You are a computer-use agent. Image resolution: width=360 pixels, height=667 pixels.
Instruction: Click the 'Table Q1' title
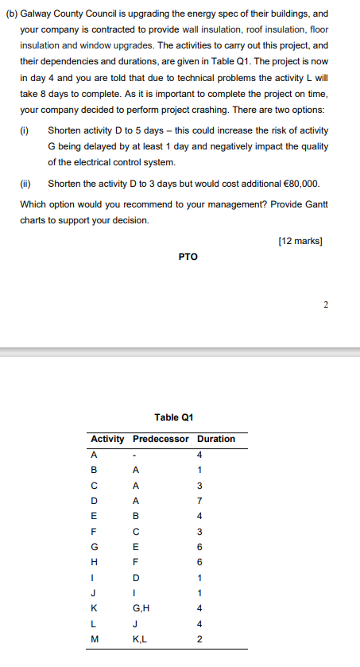tap(174, 417)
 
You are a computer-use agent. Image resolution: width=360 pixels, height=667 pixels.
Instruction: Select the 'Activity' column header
tap(107, 439)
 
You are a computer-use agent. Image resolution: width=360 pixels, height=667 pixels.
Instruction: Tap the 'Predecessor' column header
tap(161, 439)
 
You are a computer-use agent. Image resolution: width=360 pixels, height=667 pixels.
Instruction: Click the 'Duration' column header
tap(216, 439)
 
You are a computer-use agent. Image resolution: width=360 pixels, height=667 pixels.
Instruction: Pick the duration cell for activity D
tap(200, 501)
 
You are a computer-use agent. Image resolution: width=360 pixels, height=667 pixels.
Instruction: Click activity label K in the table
tap(95, 607)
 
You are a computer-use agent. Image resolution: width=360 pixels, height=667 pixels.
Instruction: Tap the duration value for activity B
tap(200, 470)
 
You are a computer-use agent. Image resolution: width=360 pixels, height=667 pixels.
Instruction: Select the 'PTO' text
tap(188, 257)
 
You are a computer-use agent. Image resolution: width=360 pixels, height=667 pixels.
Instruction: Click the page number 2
tap(326, 303)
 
